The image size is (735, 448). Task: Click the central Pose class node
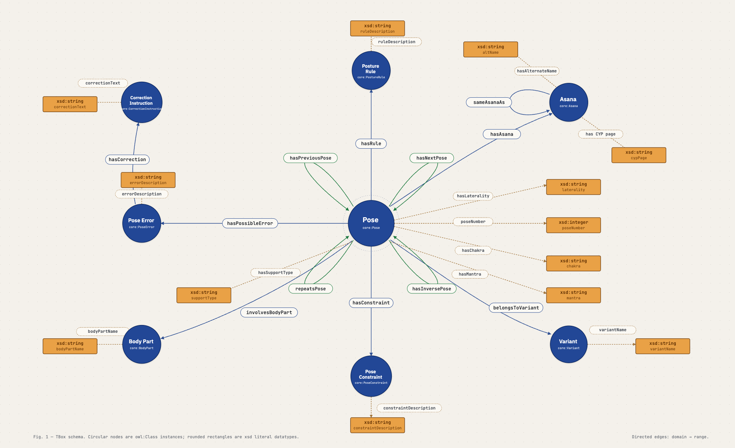point(371,223)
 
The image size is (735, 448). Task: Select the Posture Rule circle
point(371,70)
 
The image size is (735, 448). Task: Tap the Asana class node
point(568,102)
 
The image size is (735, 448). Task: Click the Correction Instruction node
point(141,102)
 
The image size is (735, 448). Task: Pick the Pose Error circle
point(141,223)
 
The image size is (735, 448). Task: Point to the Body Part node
point(141,344)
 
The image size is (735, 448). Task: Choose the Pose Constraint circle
point(371,376)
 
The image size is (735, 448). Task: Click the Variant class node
point(568,344)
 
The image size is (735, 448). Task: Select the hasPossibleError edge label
point(250,223)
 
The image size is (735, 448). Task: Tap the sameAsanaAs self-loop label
point(489,102)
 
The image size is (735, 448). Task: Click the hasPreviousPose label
point(310,158)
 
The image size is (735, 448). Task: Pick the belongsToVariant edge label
point(516,308)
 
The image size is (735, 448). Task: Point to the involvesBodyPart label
point(269,313)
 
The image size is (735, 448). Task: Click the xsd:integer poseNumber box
point(573,225)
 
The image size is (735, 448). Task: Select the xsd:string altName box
point(490,49)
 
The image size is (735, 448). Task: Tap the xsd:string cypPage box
point(639,155)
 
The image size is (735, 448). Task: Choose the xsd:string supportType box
point(204,295)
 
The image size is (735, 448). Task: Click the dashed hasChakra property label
point(473,250)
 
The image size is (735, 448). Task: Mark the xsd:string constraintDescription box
point(377,425)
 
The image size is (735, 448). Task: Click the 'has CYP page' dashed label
point(600,134)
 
